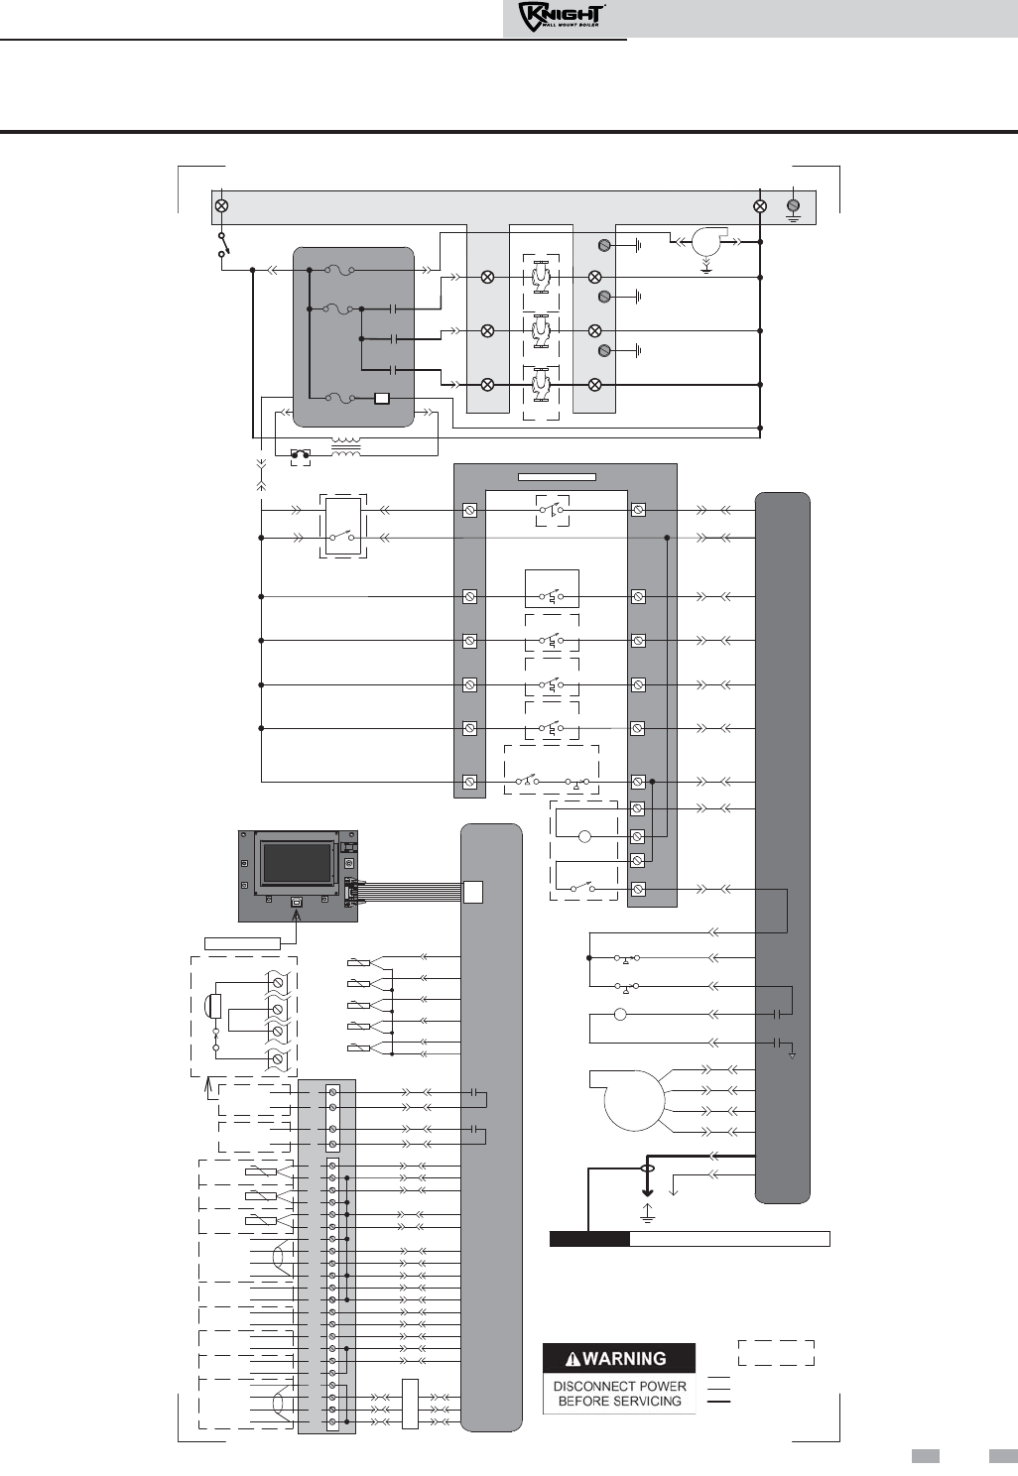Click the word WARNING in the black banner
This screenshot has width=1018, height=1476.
(625, 1359)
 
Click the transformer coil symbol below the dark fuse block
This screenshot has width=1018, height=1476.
(346, 446)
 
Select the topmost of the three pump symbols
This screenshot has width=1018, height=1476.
(541, 277)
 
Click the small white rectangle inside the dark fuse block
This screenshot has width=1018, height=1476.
(382, 399)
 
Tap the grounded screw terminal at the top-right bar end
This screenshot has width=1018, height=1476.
(794, 206)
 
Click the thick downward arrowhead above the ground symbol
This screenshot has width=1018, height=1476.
(648, 1192)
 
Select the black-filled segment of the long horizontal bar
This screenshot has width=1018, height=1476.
(589, 1240)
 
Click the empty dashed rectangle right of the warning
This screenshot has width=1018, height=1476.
(776, 1353)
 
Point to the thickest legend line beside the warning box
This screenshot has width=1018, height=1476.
(718, 1401)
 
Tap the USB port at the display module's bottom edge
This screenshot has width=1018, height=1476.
(297, 900)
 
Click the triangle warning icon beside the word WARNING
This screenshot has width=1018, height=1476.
(573, 1359)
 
